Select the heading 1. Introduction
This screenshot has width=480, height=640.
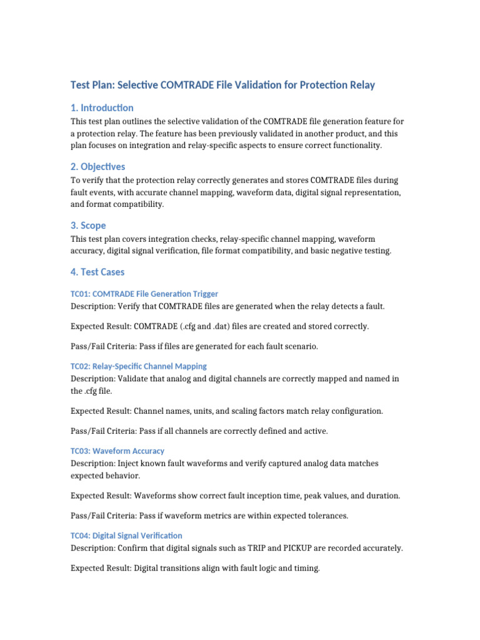[x=101, y=107]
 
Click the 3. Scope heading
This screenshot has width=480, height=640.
[x=88, y=225]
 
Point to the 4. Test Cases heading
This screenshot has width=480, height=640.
[x=97, y=272]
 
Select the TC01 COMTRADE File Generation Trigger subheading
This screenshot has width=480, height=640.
[x=144, y=294]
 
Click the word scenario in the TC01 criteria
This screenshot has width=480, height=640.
[x=301, y=346]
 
